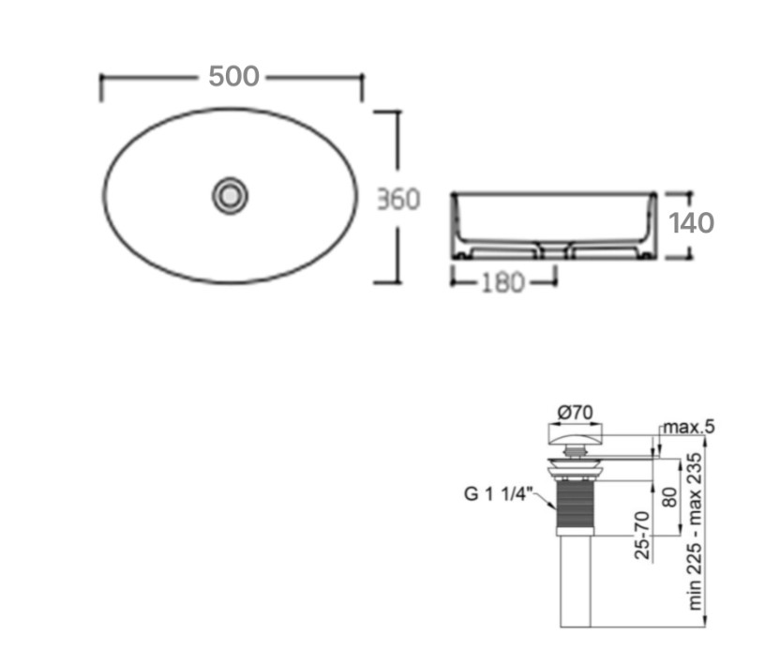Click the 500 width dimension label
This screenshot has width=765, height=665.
tap(233, 77)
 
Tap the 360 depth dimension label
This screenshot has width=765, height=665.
tap(398, 199)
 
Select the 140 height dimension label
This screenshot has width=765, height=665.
tap(691, 223)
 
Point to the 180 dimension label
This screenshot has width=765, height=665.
tap(503, 282)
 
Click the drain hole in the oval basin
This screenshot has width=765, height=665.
tap(231, 196)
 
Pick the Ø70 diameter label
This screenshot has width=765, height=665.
tap(576, 413)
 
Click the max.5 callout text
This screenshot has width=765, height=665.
tap(688, 427)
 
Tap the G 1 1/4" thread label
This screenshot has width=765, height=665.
tap(497, 493)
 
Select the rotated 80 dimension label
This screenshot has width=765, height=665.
tap(670, 497)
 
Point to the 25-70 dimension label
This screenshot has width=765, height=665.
tap(642, 536)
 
